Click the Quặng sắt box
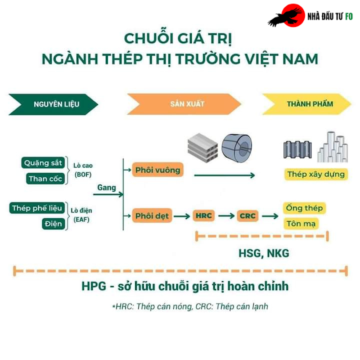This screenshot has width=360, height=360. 43,163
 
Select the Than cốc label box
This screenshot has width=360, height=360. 46,179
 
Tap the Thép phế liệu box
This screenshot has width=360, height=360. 37,208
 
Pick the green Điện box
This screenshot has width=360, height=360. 53,224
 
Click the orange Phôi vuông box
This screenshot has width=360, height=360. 157,170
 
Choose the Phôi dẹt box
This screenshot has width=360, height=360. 152,215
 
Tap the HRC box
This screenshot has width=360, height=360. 204,215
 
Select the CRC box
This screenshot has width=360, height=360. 247,216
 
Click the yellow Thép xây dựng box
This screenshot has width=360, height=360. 316,174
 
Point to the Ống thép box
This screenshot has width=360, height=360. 304,208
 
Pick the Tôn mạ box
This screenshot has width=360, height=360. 301,223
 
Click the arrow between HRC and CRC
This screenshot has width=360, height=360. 226,216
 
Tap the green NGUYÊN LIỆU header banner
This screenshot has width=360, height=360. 53,104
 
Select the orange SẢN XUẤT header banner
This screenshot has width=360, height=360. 184,104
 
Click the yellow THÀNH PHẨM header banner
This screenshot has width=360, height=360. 307,104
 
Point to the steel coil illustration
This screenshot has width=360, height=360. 237,148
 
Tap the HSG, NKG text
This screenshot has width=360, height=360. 264,254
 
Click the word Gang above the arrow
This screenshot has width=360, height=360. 107,187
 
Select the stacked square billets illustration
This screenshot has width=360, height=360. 203,148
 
